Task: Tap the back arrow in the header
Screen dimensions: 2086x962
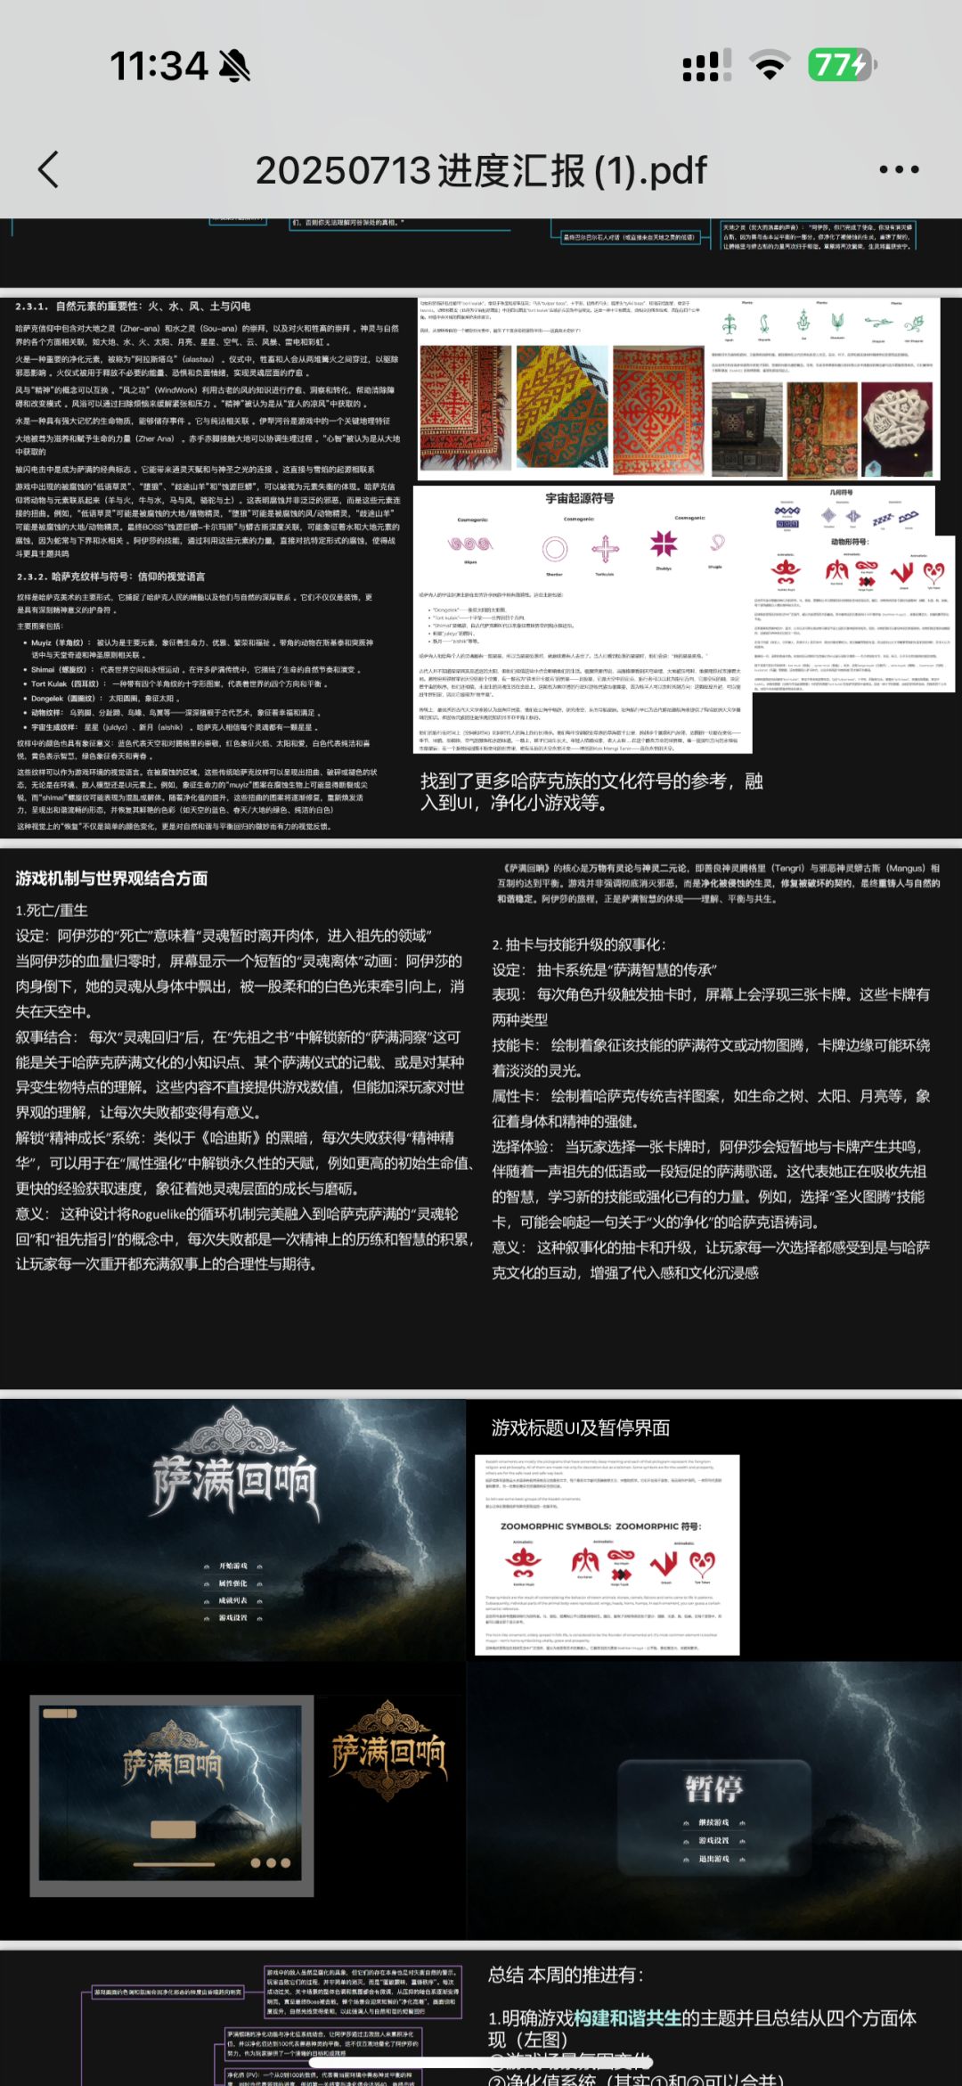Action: tap(49, 169)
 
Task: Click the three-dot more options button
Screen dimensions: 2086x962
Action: tap(899, 169)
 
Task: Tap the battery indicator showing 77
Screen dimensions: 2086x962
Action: tap(842, 65)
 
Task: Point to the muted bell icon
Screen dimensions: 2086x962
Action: tap(234, 65)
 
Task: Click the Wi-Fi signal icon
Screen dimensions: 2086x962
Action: tap(769, 65)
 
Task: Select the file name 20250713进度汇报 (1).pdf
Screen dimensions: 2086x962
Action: tap(481, 170)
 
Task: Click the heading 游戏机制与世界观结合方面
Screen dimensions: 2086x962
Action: tap(111, 879)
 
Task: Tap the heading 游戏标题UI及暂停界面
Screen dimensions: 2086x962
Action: tap(581, 1427)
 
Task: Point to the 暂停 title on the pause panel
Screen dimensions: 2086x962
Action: tap(713, 1787)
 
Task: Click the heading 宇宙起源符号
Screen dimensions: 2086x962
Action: tap(580, 498)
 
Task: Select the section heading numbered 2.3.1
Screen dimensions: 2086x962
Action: tap(133, 307)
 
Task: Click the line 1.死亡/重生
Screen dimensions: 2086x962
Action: tap(52, 911)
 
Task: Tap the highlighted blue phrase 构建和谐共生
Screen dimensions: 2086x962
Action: tap(627, 2018)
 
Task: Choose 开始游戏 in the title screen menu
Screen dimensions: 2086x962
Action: tap(233, 1566)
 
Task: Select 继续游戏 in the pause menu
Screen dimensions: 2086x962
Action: tap(713, 1822)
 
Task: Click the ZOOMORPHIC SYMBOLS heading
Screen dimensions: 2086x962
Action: tap(601, 1526)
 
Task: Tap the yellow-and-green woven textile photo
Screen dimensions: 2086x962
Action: tap(561, 407)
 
